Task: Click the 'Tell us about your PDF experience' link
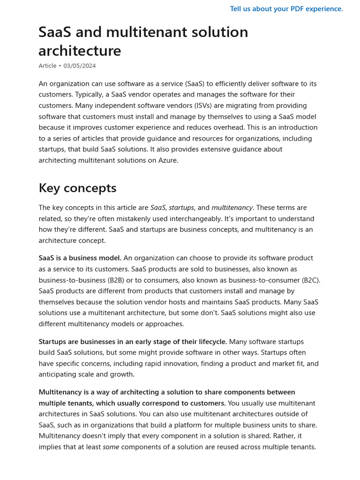point(286,9)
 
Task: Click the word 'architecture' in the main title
point(80,51)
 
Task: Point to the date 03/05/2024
point(80,66)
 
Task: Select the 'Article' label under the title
point(47,66)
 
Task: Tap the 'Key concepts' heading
point(77,188)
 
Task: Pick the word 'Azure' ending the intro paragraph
point(167,160)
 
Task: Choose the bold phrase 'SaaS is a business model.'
point(80,258)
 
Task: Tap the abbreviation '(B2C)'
point(310,280)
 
